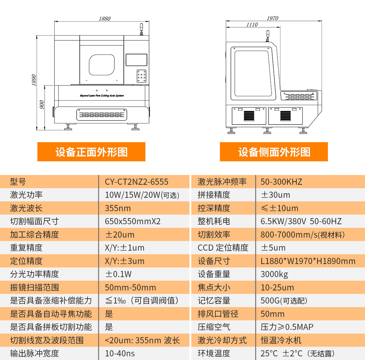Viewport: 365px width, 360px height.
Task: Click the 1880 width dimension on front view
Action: point(105,19)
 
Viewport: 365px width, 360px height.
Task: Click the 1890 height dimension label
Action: point(34,80)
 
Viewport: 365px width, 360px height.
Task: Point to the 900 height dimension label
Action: point(42,105)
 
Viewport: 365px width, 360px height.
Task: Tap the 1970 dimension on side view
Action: point(272,18)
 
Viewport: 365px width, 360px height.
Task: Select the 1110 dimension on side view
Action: point(252,25)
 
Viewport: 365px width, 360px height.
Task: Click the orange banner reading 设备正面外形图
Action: point(91,152)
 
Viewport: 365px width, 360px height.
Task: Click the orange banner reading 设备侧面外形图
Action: point(274,152)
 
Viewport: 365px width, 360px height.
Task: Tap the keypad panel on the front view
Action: point(141,76)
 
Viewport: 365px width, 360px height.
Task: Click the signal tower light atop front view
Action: point(141,29)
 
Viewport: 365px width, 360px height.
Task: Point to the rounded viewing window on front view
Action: point(102,65)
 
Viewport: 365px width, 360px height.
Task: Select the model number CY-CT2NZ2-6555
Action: point(137,182)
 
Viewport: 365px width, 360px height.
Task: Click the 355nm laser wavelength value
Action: point(118,208)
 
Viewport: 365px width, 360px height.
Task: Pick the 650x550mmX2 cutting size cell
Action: point(133,221)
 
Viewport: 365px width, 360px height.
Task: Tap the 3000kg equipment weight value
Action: point(274,274)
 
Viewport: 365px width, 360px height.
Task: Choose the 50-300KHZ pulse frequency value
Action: point(281,182)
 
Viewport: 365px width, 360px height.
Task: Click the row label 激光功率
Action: point(26,195)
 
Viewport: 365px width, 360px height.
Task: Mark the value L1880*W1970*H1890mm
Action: point(308,261)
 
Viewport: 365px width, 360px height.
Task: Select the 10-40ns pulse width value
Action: point(120,354)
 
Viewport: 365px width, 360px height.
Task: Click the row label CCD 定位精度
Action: point(223,248)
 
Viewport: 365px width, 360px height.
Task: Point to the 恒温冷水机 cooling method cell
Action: point(281,340)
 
